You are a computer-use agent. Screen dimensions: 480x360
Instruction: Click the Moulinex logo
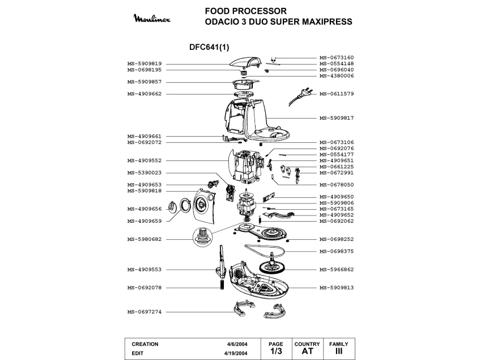[x=152, y=18]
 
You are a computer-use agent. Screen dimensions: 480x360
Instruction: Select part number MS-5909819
[x=145, y=63]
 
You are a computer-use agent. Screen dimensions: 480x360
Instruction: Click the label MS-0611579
[x=337, y=94]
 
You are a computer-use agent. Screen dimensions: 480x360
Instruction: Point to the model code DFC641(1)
[x=209, y=47]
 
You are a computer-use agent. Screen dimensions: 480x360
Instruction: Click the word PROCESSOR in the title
[x=260, y=11]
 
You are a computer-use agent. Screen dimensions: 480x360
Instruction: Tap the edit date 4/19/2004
[x=236, y=353]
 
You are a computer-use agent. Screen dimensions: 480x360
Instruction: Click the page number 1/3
[x=276, y=351]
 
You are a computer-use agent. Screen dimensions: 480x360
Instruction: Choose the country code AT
[x=307, y=351]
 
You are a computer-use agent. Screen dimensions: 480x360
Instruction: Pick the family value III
[x=338, y=351]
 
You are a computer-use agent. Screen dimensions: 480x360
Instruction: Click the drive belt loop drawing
[x=265, y=250]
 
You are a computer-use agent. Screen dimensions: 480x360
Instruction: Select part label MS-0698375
[x=337, y=251]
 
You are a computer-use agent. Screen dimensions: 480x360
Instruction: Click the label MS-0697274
[x=145, y=312]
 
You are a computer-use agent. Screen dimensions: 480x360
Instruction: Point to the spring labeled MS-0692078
[x=222, y=285]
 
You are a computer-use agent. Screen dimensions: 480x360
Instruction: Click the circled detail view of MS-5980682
[x=202, y=236]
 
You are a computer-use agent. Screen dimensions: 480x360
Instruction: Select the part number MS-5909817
[x=337, y=118]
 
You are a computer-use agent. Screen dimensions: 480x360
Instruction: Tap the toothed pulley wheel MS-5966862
[x=271, y=266]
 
